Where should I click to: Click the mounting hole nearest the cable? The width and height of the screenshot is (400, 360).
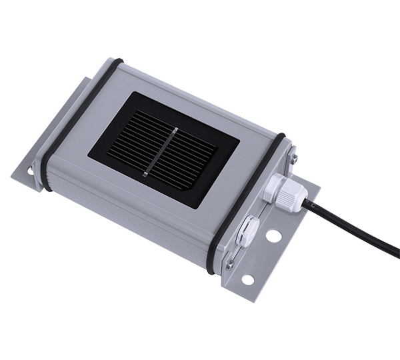click(273, 235)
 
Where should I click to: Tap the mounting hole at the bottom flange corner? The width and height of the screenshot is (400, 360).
click(247, 279)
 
